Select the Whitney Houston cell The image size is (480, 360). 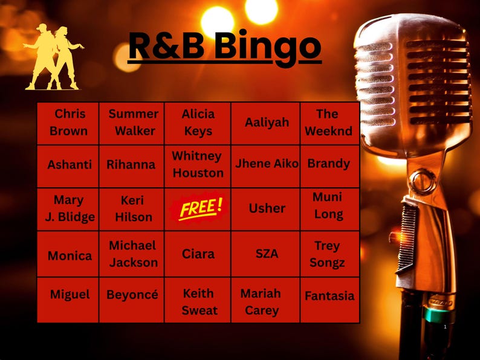(198, 164)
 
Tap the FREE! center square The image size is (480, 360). (198, 208)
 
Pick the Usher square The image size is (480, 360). (266, 208)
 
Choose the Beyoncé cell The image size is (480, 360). (132, 295)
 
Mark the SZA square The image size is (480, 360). (266, 254)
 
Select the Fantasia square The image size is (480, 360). (329, 296)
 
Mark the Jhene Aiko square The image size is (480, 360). (266, 164)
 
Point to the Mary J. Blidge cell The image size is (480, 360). (69, 208)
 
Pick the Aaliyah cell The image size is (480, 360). (266, 123)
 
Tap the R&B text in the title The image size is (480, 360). (167, 45)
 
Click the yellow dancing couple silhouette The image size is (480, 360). (53, 57)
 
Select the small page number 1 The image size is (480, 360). (445, 327)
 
